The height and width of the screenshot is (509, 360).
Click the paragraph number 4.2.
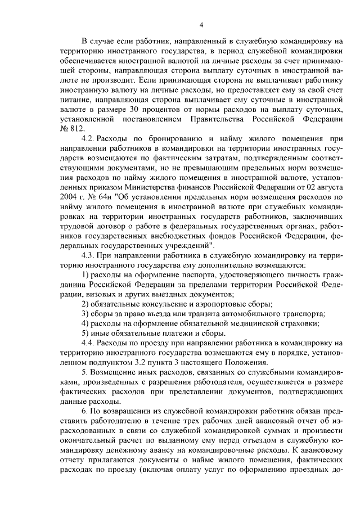[88, 139]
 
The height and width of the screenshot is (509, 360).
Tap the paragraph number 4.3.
[88, 255]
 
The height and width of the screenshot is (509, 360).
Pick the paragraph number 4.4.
[88, 343]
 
